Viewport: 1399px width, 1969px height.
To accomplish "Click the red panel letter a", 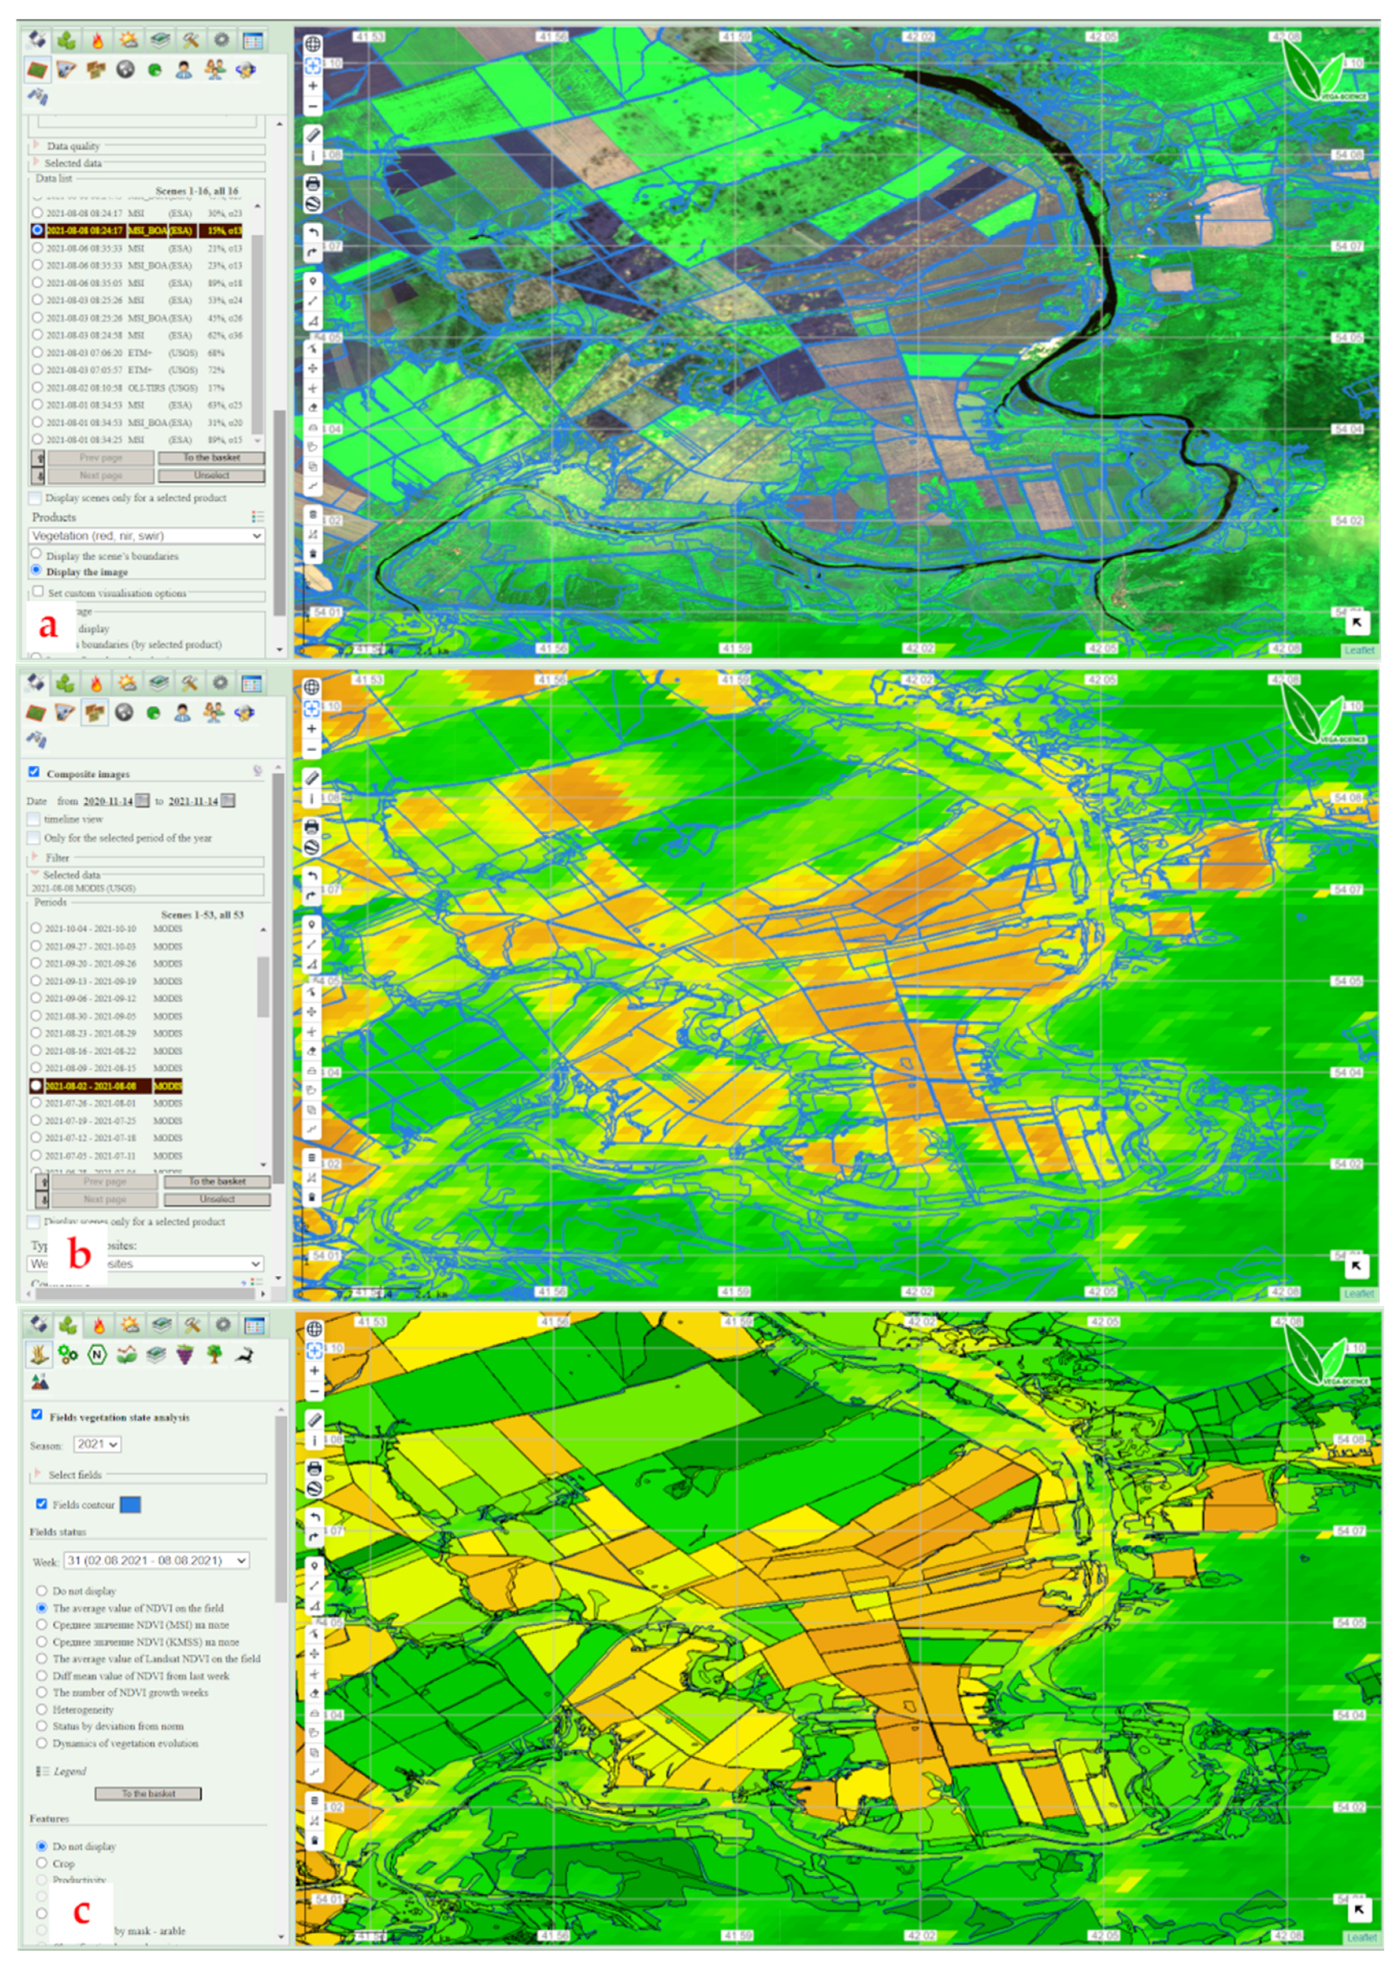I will (48, 624).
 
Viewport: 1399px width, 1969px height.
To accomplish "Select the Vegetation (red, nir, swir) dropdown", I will (147, 535).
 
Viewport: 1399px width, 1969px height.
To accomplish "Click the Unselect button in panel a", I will (211, 475).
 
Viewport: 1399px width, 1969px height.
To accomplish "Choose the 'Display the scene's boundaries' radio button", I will (37, 554).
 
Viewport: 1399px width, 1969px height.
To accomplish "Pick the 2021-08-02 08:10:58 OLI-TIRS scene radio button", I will (37, 387).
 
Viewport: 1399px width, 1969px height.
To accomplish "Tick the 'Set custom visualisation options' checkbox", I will (38, 592).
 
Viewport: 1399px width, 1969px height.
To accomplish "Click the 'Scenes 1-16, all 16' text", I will (196, 191).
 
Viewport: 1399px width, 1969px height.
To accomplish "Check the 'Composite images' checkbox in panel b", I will (35, 772).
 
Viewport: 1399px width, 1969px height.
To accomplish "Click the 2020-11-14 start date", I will (108, 801).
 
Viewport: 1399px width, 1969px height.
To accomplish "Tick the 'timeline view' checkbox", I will (35, 819).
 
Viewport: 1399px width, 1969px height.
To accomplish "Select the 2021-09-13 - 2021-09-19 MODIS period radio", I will (36, 981).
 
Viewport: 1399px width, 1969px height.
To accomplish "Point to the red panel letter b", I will (79, 1255).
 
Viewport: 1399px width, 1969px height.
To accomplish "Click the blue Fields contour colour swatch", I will (130, 1504).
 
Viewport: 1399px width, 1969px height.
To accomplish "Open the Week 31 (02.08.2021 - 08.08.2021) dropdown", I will (157, 1560).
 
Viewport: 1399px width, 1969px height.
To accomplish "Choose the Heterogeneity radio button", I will (41, 1709).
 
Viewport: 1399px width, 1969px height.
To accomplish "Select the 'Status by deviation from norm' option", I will (41, 1726).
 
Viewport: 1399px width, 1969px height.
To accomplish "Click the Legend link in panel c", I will (69, 1771).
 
